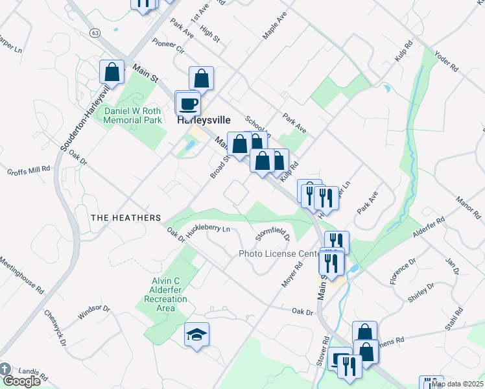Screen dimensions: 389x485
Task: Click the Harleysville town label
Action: [x=202, y=120]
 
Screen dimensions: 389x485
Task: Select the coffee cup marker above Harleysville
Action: [x=189, y=104]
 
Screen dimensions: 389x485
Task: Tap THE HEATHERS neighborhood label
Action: [x=125, y=218]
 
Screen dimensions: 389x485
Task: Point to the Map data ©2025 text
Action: [x=458, y=384]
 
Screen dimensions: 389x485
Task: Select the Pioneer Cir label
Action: [x=169, y=49]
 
